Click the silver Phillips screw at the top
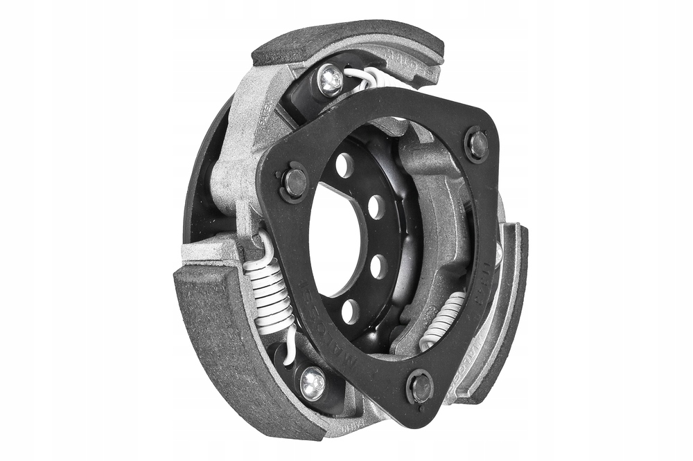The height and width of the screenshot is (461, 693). (331, 80)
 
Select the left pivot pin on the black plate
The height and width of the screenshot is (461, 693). (294, 181)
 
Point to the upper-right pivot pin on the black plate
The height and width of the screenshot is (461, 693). (477, 143)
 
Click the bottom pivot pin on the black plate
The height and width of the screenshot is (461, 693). (421, 387)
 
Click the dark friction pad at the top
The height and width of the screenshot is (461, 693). (346, 41)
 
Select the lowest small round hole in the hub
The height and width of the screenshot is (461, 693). (351, 311)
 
